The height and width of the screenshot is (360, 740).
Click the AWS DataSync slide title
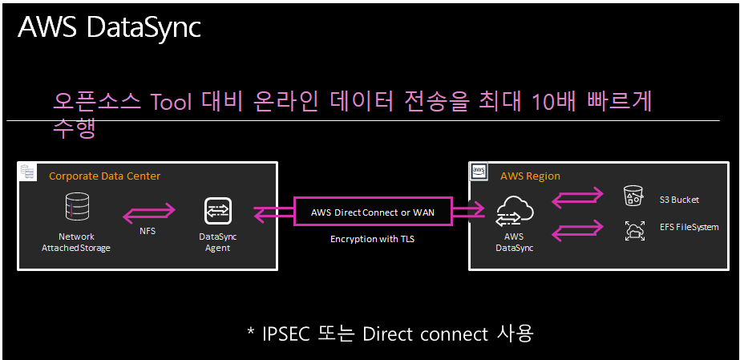109,28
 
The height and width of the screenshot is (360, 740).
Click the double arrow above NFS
148,212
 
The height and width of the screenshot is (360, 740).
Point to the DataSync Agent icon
217,210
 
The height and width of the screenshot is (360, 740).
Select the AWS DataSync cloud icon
514,212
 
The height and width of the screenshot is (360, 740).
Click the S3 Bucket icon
633,196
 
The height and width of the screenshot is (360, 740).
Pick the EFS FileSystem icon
633,231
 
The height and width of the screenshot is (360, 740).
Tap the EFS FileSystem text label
689,228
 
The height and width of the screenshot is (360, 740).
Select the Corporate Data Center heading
104,176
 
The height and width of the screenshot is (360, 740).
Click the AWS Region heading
530,176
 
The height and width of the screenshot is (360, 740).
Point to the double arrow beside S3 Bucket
578,195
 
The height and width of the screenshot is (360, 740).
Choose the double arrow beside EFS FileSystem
578,231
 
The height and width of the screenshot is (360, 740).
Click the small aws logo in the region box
479,171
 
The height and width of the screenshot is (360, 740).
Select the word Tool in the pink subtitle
176,102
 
